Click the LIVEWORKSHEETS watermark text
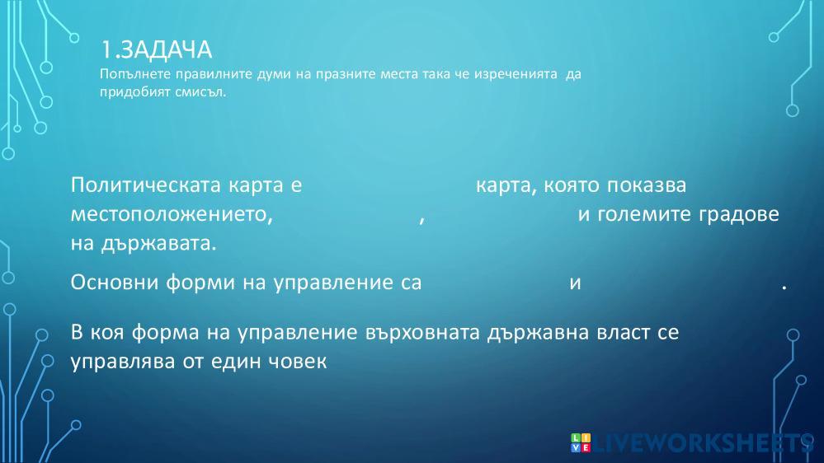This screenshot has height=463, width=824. point(704,443)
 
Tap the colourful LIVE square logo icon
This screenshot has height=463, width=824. point(581,443)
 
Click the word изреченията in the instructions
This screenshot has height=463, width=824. point(516,74)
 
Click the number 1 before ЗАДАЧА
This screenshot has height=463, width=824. point(106,50)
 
